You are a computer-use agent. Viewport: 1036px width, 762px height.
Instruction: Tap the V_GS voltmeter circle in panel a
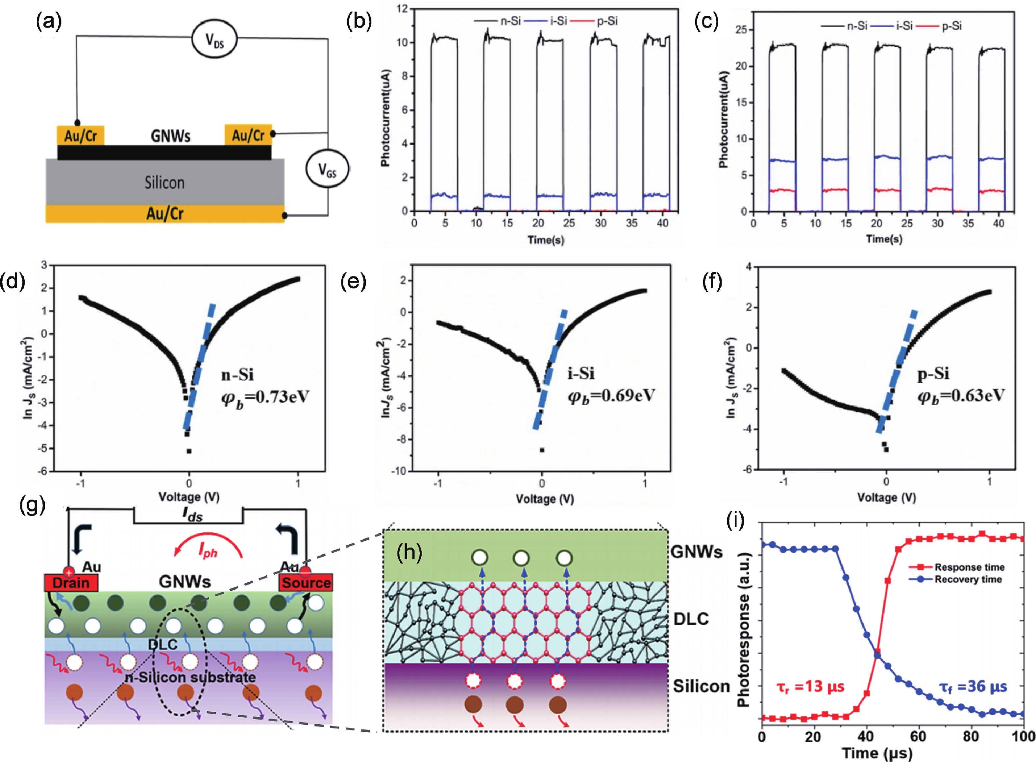coord(327,169)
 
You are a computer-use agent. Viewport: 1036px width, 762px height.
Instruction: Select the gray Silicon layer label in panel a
coord(165,183)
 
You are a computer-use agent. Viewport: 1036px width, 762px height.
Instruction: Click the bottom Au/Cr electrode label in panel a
coord(165,214)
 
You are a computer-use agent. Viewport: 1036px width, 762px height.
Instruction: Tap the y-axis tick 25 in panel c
coord(741,30)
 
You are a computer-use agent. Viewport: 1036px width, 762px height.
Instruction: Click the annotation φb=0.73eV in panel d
coord(265,397)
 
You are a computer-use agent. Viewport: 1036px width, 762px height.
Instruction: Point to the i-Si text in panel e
coord(580,373)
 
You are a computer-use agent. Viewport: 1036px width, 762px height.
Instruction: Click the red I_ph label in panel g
coord(208,550)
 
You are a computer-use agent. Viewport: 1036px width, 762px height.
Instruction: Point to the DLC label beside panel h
coord(691,619)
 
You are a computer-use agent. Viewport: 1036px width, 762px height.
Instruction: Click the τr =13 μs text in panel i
coord(810,687)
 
